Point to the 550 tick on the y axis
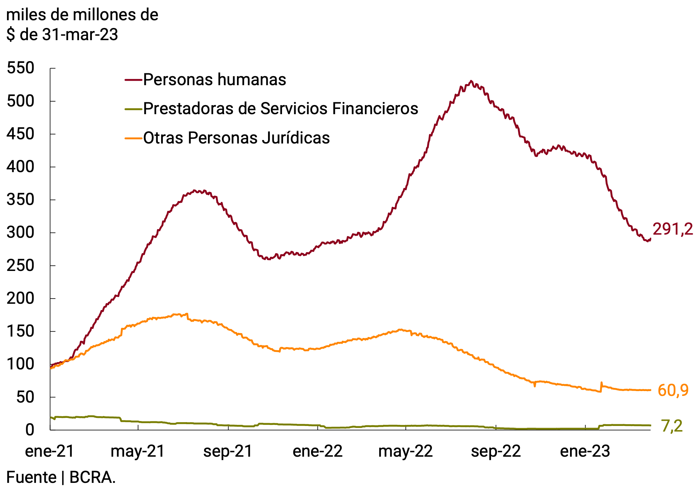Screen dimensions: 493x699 tap(20, 68)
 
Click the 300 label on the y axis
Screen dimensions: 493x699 tap(20, 233)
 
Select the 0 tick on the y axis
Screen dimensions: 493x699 tap(29, 430)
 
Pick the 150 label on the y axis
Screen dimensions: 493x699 tap(20, 331)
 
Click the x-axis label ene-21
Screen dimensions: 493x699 tap(50, 451)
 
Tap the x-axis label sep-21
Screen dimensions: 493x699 tap(228, 451)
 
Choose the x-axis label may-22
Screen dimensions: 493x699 tap(405, 451)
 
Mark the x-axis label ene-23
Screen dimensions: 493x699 tap(585, 451)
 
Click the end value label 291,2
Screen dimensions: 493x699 tap(672, 229)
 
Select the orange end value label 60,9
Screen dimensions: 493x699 tap(673, 390)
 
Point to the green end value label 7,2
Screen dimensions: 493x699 tap(672, 426)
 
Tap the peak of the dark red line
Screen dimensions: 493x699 tap(471, 81)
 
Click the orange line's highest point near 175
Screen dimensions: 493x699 tap(187, 314)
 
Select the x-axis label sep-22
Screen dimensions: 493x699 tap(496, 451)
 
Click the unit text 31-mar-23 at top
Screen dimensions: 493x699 tap(80, 35)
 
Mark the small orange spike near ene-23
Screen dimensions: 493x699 tap(601, 383)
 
